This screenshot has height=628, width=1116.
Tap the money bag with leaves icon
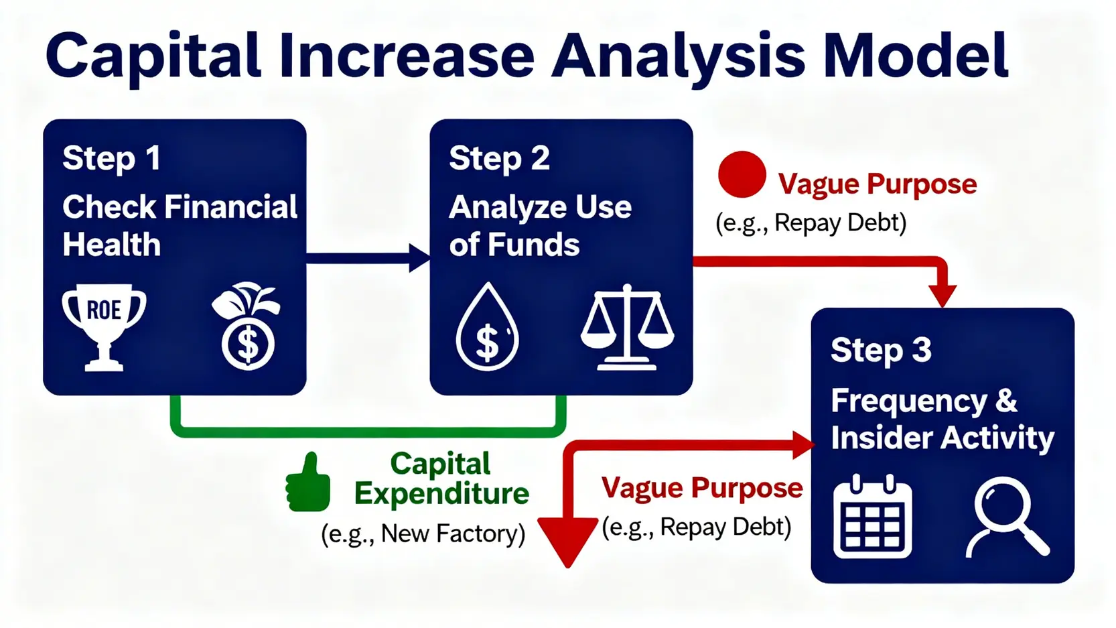tap(246, 326)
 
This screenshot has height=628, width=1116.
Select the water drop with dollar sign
tap(487, 327)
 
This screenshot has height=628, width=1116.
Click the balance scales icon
tap(627, 327)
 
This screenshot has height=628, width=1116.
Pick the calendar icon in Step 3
tap(872, 516)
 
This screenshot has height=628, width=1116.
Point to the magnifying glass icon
tap(1007, 517)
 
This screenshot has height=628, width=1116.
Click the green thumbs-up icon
tap(308, 483)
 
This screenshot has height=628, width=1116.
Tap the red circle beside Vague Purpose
tap(742, 174)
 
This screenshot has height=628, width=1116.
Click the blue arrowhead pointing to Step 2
tap(420, 258)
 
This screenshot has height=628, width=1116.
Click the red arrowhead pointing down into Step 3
tap(943, 296)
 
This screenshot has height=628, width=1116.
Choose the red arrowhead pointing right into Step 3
tap(804, 445)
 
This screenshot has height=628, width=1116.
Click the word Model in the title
tap(915, 56)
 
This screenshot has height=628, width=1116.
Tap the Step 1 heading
tap(111, 159)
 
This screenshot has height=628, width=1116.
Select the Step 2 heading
tap(499, 159)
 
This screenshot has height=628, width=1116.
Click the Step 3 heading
tap(881, 351)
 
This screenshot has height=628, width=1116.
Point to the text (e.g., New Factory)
tap(423, 534)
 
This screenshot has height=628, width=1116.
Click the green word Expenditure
tap(441, 494)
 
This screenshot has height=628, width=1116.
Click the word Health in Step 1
tap(112, 245)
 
